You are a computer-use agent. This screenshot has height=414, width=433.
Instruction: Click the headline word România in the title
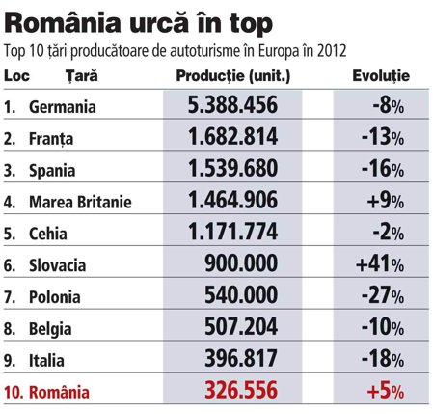click(x=63, y=23)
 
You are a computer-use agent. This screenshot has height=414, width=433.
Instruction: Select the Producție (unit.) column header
click(x=233, y=76)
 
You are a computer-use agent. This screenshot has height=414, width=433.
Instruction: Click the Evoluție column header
click(x=381, y=76)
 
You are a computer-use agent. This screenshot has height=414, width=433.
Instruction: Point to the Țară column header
click(x=82, y=76)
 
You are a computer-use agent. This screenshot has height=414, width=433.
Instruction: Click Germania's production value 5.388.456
click(x=232, y=104)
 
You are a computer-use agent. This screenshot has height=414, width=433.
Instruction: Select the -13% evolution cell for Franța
click(x=383, y=137)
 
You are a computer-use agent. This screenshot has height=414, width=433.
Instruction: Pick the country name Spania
click(x=52, y=171)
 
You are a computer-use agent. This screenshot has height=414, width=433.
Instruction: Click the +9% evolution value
click(x=386, y=201)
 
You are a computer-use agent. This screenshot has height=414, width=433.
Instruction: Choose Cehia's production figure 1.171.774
click(x=232, y=232)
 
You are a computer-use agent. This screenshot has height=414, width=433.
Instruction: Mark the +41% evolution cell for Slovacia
click(x=380, y=263)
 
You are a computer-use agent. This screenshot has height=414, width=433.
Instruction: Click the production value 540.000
click(x=241, y=295)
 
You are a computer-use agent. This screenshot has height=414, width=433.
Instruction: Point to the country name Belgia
click(x=50, y=329)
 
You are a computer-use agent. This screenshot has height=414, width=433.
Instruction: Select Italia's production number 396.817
click(x=241, y=358)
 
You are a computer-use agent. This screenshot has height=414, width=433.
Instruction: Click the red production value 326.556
click(x=241, y=390)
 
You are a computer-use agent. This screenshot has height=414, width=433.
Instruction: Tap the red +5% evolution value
click(x=386, y=391)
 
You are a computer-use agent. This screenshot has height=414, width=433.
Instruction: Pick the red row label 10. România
click(x=46, y=393)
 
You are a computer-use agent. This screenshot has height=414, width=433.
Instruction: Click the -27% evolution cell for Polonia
click(x=383, y=295)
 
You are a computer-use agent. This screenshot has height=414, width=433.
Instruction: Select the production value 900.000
click(x=241, y=263)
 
